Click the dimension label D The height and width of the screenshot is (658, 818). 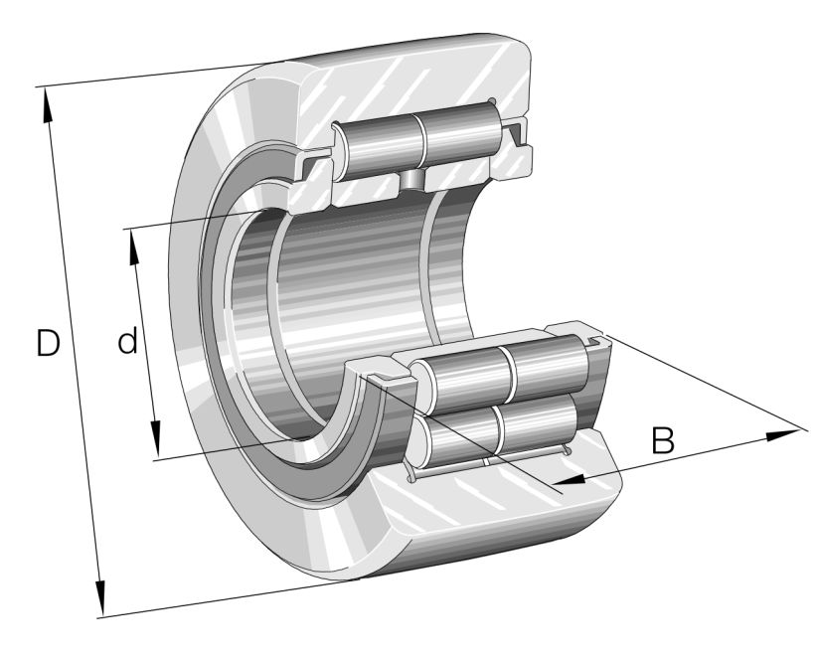[x=47, y=344]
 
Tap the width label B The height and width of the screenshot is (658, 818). [x=663, y=439]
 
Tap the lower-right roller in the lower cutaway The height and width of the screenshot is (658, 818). [x=542, y=417]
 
